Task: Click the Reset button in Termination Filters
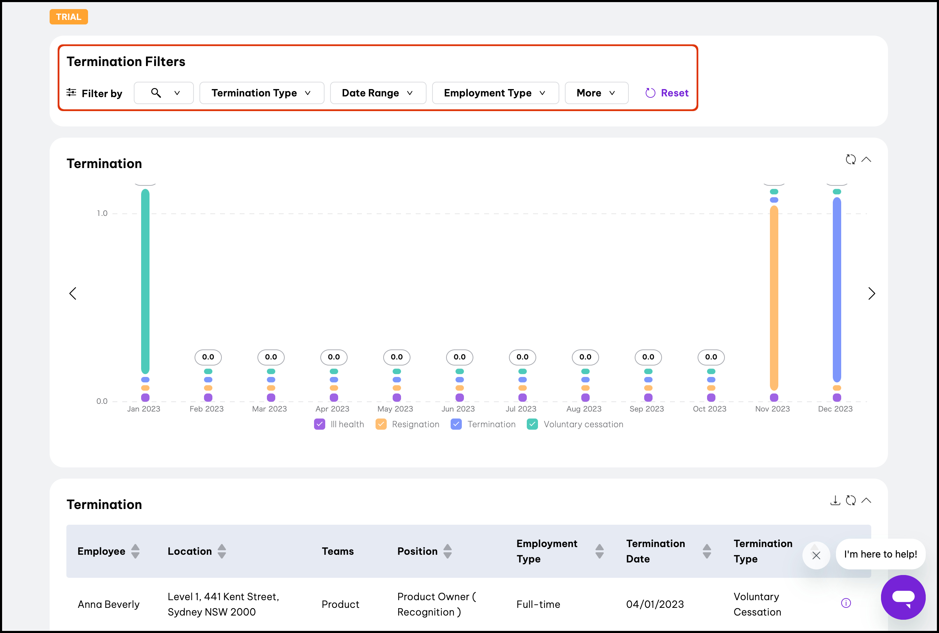[667, 93]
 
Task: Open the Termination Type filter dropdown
[262, 93]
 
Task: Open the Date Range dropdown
[378, 93]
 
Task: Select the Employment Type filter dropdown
[495, 93]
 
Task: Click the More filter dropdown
[596, 93]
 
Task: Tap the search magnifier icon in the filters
[156, 93]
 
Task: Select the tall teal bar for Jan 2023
[145, 281]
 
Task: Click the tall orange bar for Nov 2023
[774, 298]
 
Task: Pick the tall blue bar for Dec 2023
[837, 289]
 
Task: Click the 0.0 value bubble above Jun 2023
[459, 357]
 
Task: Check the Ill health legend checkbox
[320, 424]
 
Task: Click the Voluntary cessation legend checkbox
[532, 424]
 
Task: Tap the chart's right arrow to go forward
[872, 293]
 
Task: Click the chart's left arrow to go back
[73, 293]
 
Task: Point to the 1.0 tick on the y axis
[102, 213]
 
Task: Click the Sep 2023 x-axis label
[647, 409]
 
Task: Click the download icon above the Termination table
[835, 501]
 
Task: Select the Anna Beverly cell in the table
[109, 604]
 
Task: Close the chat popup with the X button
[816, 555]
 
